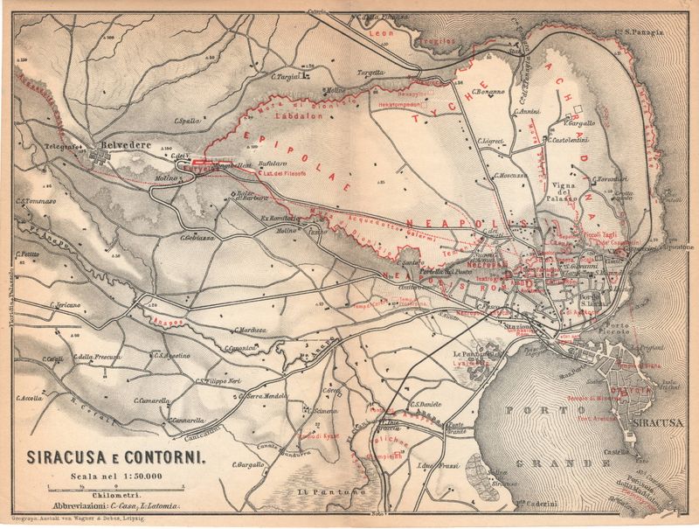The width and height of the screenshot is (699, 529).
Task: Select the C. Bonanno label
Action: [489, 91]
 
